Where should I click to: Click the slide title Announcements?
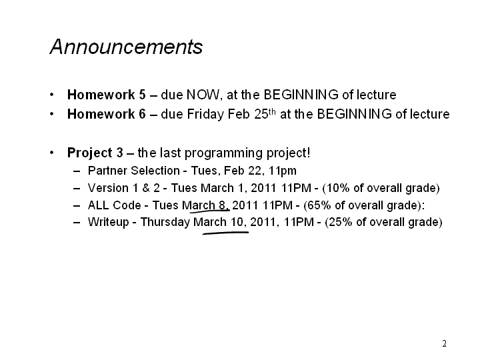pos(126,47)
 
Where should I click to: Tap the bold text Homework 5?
pos(107,95)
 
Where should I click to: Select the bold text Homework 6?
pos(107,114)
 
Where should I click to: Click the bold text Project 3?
pos(95,153)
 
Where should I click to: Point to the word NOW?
pos(203,95)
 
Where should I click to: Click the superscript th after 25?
pos(272,111)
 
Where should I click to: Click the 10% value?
pos(337,188)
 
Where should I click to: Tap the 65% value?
pos(319,205)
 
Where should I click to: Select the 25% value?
pos(341,222)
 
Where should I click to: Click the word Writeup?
pos(109,222)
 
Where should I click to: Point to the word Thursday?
pos(165,222)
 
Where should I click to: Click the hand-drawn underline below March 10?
pos(225,233)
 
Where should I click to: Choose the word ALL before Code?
pos(98,205)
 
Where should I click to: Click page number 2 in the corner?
pos(444,343)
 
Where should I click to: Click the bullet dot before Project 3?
pos(52,153)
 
